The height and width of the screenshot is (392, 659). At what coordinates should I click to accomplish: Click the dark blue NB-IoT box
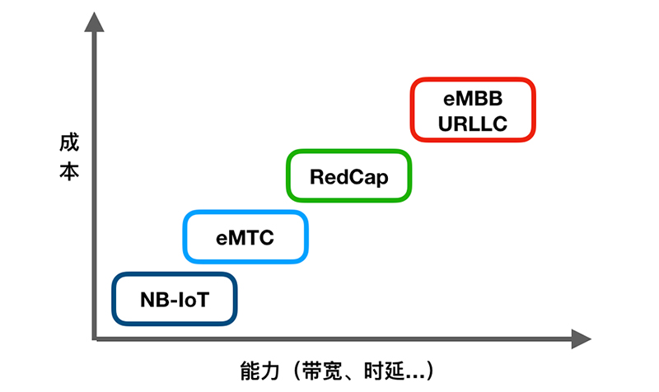pyautogui.click(x=175, y=298)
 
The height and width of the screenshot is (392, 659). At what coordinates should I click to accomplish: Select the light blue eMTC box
pyautogui.click(x=245, y=238)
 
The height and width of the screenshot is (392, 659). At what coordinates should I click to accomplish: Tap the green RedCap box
pyautogui.click(x=348, y=176)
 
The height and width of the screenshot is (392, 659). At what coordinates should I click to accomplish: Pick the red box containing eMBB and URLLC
pyautogui.click(x=473, y=110)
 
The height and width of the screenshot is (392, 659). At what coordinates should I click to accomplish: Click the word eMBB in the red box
pyautogui.click(x=473, y=97)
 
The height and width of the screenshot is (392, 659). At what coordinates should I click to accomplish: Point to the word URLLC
pyautogui.click(x=473, y=124)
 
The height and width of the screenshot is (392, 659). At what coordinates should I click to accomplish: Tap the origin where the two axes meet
pyautogui.click(x=96, y=338)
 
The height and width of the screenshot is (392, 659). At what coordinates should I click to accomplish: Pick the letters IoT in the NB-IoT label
pyautogui.click(x=194, y=298)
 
